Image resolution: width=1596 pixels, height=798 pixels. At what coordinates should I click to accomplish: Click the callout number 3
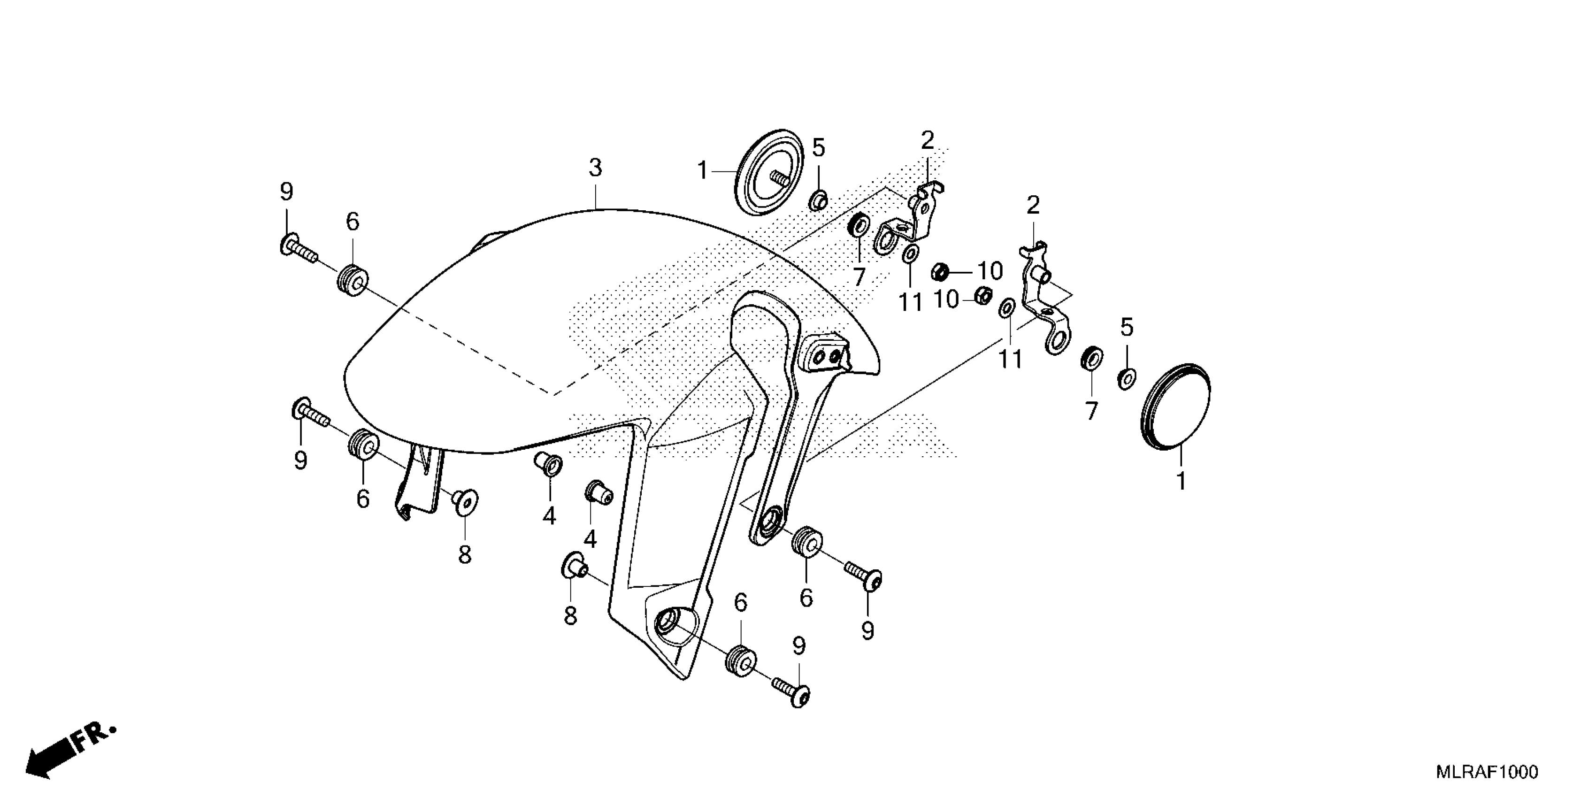pos(595,168)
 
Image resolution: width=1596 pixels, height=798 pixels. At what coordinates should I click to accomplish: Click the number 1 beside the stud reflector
pos(702,170)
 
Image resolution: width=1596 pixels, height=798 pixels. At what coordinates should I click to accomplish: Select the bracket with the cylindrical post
pos(1044,298)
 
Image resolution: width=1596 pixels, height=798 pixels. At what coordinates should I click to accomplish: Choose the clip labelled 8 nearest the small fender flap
pos(464,501)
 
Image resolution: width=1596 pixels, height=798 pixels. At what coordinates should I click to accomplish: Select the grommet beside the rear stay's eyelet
pos(806,543)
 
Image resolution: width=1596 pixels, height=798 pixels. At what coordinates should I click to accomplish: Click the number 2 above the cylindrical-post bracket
pos(1033,206)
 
